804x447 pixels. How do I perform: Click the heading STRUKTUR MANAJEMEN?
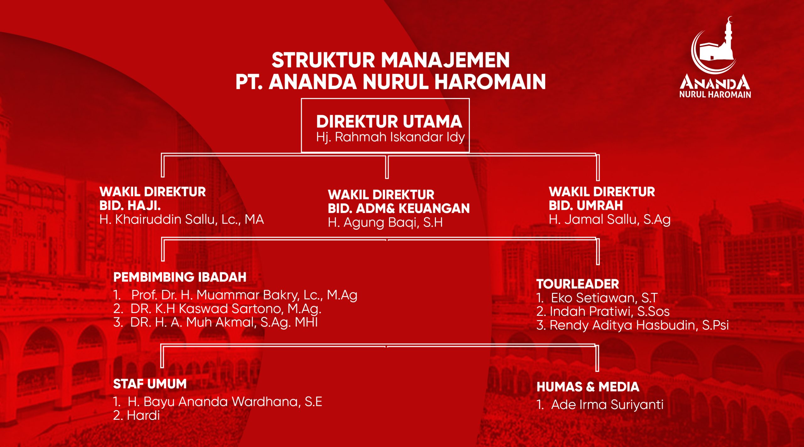(390, 60)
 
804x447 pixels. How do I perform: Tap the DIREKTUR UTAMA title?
(389, 121)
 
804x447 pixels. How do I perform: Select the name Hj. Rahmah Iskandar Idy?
(390, 137)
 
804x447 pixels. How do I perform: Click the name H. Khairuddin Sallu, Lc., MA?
(182, 219)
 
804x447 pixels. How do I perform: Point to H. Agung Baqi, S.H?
(385, 223)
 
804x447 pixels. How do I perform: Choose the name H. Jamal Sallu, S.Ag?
(610, 219)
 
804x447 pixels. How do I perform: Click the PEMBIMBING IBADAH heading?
(180, 277)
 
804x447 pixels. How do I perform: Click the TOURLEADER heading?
(578, 284)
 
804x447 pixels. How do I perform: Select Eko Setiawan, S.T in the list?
(604, 298)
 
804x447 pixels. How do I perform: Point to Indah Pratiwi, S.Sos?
(610, 311)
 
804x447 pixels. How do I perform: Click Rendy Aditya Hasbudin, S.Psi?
(639, 325)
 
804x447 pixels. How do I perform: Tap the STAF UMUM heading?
(150, 384)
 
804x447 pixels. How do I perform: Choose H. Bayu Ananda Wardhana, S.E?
(225, 402)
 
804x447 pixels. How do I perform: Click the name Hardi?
(143, 416)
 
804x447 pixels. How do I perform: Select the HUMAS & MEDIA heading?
(588, 387)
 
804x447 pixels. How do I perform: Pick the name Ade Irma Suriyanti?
(607, 405)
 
